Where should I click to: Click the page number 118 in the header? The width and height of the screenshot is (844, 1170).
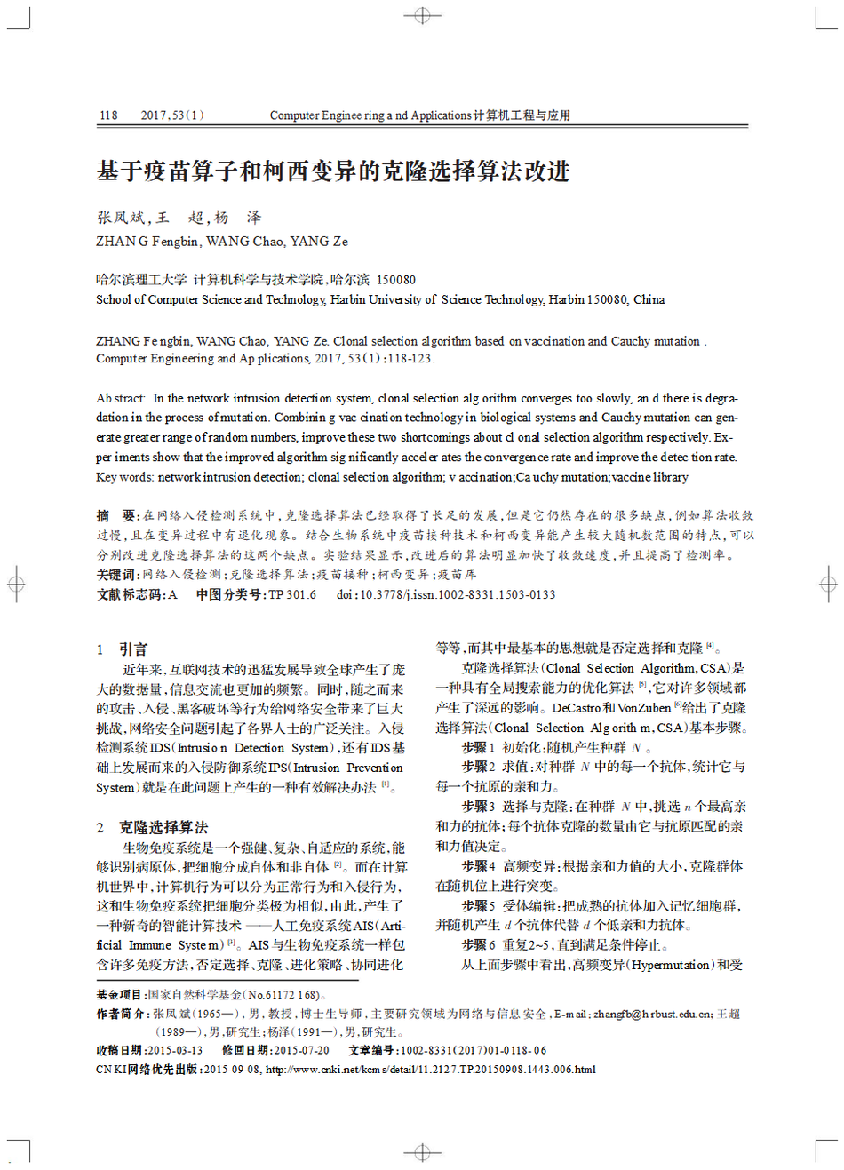[x=108, y=115]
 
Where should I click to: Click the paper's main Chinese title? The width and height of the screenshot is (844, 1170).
[x=333, y=171]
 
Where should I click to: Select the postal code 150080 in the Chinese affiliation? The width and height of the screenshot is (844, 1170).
[x=396, y=280]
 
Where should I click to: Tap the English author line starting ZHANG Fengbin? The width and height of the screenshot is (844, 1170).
[x=222, y=242]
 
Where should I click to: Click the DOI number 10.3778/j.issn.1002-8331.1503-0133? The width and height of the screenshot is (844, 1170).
[x=458, y=595]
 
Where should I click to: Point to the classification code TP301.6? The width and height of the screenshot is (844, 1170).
[x=292, y=595]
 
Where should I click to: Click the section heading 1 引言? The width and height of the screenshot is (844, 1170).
[x=123, y=649]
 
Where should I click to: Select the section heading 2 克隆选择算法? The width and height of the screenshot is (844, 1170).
[x=152, y=827]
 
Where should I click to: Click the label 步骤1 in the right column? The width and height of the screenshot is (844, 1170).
[x=478, y=748]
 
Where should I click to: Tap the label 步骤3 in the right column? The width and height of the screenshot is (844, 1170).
[x=478, y=807]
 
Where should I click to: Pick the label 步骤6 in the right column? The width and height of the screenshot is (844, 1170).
[x=478, y=945]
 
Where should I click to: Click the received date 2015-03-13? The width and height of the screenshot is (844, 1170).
[x=174, y=1050]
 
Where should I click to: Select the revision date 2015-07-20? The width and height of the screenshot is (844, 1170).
[x=301, y=1050]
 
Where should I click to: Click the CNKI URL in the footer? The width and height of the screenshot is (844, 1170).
[x=430, y=1070]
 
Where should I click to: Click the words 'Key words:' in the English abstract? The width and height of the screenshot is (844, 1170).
[x=125, y=477]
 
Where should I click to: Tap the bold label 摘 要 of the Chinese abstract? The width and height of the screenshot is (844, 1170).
[x=116, y=515]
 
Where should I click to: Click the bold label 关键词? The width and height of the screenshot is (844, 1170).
[x=118, y=575]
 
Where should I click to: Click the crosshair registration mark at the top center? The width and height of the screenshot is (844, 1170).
[x=422, y=16]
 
